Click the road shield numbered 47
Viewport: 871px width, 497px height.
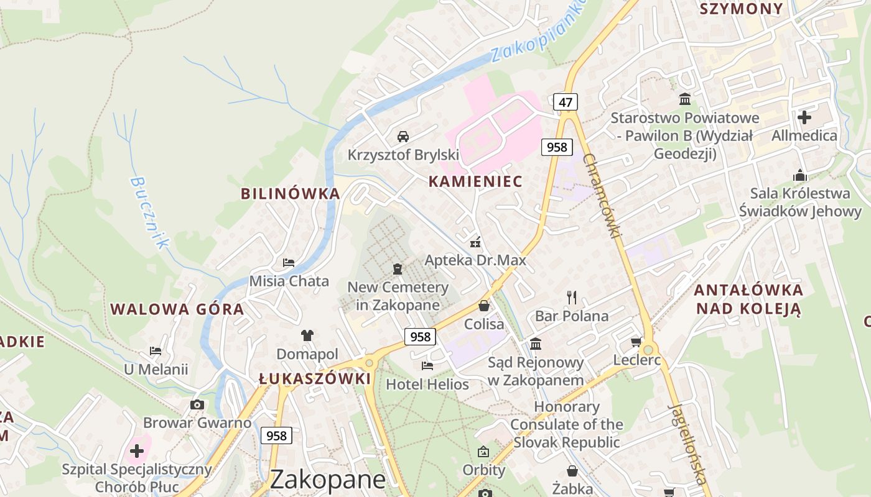(x=565, y=102)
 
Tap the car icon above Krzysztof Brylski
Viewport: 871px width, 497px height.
(x=403, y=136)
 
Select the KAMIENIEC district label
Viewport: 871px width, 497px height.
(x=475, y=181)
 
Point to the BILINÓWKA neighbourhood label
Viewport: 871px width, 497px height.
(x=291, y=193)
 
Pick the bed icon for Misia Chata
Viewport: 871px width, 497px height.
(x=289, y=262)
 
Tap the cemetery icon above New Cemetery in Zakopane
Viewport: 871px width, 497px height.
(x=398, y=269)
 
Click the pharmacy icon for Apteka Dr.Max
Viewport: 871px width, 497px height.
(x=475, y=242)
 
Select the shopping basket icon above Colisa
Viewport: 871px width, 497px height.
(x=484, y=306)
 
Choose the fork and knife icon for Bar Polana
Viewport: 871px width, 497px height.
(x=572, y=297)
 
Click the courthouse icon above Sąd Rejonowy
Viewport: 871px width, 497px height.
(x=536, y=344)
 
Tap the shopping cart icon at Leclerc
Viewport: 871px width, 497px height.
(x=636, y=342)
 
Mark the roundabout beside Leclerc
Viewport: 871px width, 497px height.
(x=648, y=349)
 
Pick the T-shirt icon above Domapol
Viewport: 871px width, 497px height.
(x=307, y=335)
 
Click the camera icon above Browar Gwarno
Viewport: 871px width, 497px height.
(x=197, y=405)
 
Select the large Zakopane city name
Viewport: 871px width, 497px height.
(x=328, y=480)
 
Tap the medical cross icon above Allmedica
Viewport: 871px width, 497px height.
(x=804, y=117)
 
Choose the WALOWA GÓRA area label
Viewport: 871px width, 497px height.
(x=177, y=309)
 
